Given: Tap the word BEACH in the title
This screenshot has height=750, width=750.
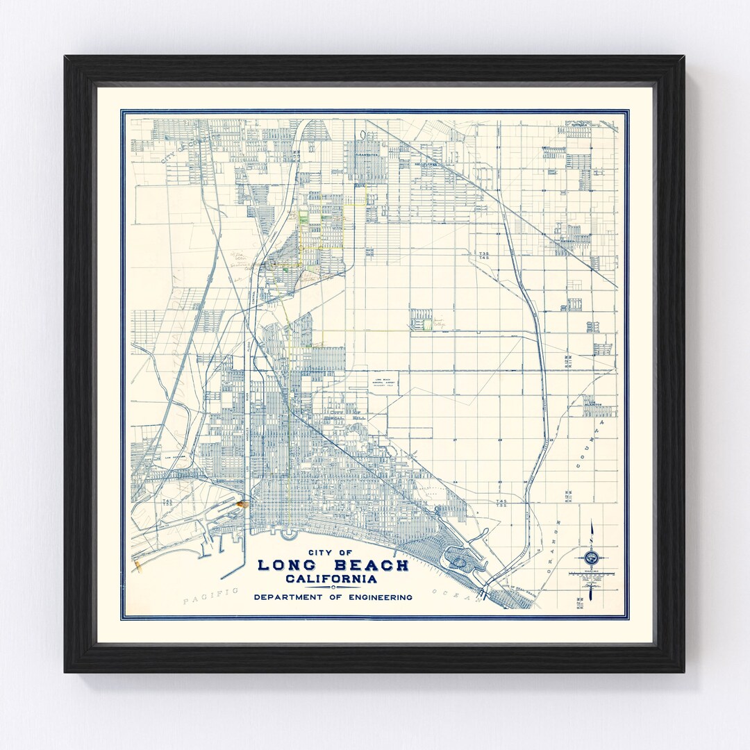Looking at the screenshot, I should pyautogui.click(x=372, y=565).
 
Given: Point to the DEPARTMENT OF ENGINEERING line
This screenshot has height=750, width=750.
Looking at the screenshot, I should pyautogui.click(x=333, y=597).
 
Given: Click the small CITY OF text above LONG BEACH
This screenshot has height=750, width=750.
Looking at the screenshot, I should pyautogui.click(x=333, y=552).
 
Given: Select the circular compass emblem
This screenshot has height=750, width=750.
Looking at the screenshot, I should pyautogui.click(x=592, y=556).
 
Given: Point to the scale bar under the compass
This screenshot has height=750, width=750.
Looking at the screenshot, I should pyautogui.click(x=592, y=574).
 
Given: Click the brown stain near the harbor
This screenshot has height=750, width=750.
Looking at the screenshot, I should pyautogui.click(x=242, y=505).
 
